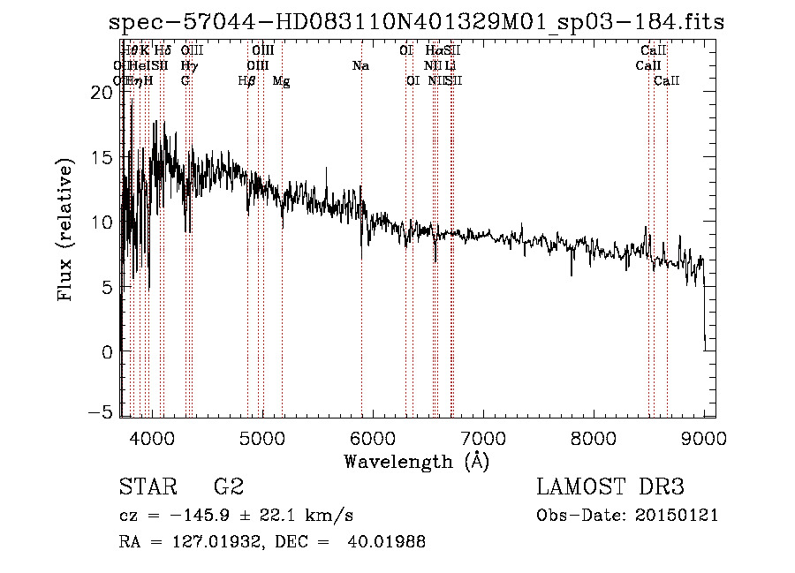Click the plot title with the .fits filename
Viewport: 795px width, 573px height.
point(416,23)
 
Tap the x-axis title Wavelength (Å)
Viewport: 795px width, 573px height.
point(416,461)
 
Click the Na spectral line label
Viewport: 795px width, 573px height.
point(360,66)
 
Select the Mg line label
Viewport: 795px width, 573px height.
point(281,81)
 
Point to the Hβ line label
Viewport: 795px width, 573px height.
point(247,81)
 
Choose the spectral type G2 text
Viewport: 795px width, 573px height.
point(228,486)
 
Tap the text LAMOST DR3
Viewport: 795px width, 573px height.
point(609,486)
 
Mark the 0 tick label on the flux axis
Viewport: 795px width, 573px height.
point(106,351)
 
